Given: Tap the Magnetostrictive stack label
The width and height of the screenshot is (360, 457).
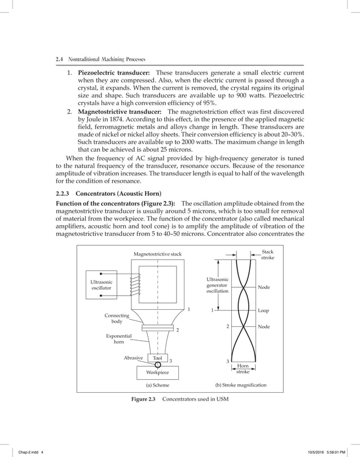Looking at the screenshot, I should coord(157,254).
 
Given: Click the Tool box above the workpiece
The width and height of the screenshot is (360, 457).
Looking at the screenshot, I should coord(157,358).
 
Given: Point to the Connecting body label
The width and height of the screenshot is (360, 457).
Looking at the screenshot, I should coord(117,319).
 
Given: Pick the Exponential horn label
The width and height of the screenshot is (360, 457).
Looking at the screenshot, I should coord(118,339).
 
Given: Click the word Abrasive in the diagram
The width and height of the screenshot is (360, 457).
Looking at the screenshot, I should coord(133,358).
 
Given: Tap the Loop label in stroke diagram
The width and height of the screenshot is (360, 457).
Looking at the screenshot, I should coord(263,310).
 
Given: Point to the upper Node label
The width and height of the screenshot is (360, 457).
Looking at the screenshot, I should coord(264,287).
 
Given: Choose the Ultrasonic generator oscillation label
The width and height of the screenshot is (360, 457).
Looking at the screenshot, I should coord(217,285).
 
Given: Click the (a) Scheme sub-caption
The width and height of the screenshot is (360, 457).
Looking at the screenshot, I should coord(157,386).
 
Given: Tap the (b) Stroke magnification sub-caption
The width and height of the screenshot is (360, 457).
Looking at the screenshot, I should coord(241,386).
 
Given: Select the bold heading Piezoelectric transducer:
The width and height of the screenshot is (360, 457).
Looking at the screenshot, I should coord(113,73).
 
